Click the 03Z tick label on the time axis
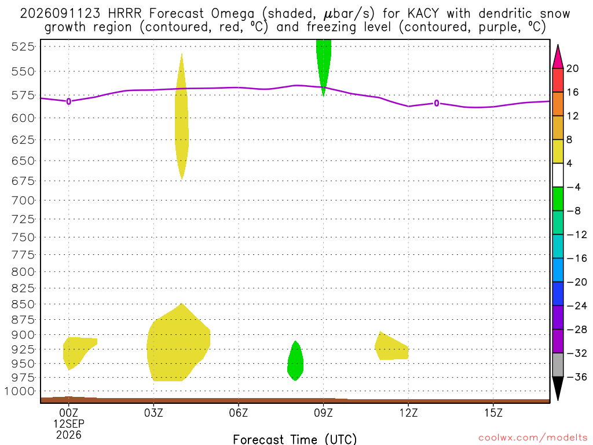pyautogui.click(x=153, y=413)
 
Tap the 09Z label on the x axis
pyautogui.click(x=323, y=413)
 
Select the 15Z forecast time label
pyautogui.click(x=493, y=413)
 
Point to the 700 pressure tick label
pyautogui.click(x=23, y=200)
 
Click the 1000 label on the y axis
pyautogui.click(x=20, y=391)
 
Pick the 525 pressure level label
pyautogui.click(x=23, y=46)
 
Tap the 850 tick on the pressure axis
pyautogui.click(x=23, y=304)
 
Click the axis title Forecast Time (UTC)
pyautogui.click(x=295, y=439)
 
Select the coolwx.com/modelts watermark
pyautogui.click(x=533, y=438)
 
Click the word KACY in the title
pyautogui.click(x=423, y=14)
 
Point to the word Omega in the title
pyautogui.click(x=233, y=14)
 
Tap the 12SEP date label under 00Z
pyautogui.click(x=68, y=424)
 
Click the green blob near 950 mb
pyautogui.click(x=295, y=361)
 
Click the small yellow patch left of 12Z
pyautogui.click(x=390, y=348)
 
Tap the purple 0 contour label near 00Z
pyautogui.click(x=68, y=101)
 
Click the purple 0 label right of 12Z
pyautogui.click(x=437, y=103)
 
